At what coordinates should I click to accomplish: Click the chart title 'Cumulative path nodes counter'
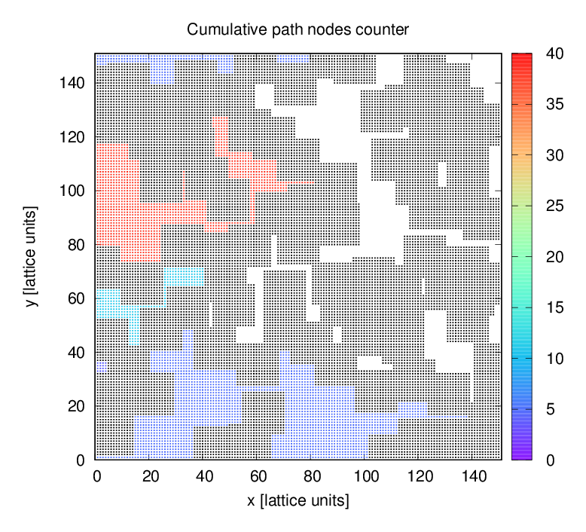point(298,30)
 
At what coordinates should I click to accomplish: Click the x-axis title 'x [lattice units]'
point(298,500)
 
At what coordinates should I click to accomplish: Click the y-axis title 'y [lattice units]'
point(31,255)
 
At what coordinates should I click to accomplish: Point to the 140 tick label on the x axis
point(473,476)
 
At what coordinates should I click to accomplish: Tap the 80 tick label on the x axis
point(312,476)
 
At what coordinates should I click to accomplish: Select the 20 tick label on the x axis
point(150,476)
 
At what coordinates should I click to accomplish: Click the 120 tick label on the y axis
point(72,136)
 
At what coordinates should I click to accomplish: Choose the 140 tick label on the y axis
point(72,82)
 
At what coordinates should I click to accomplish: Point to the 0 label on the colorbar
point(550,460)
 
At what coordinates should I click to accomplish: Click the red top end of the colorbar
point(523,57)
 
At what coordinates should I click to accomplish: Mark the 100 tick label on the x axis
point(365,476)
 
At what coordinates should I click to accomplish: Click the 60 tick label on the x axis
point(258,476)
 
